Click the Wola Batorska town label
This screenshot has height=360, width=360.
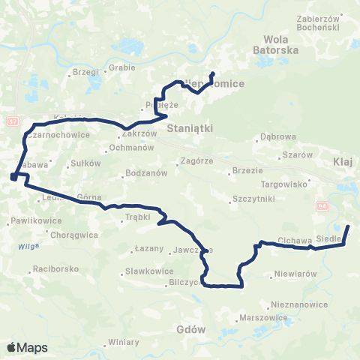pos(282,43)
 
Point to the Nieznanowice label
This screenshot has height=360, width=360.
pos(301,305)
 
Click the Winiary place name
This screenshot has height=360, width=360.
pos(124,342)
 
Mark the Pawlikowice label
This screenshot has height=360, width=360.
pos(31,222)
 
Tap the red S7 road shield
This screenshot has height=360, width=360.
pos(12,121)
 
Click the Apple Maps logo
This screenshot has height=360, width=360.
pos(28,347)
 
